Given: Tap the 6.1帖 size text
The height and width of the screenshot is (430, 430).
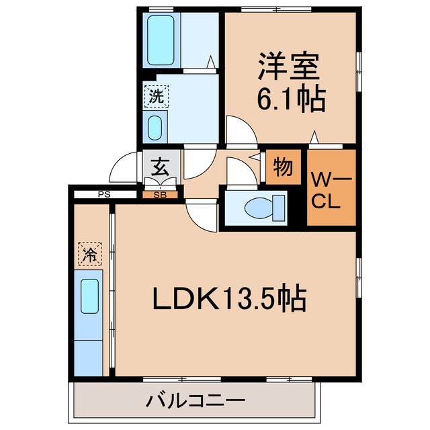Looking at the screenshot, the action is (292, 99).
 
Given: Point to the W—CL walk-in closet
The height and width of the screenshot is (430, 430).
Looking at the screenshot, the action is (330, 190).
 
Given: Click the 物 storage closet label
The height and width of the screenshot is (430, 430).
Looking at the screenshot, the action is (283, 167).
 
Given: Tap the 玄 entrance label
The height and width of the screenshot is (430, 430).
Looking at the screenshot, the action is (160, 165).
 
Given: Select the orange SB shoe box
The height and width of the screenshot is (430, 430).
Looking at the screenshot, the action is (161, 195).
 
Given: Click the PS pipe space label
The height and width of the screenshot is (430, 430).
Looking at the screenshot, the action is (103, 195).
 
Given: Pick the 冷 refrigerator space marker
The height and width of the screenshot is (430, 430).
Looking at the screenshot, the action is (89, 253).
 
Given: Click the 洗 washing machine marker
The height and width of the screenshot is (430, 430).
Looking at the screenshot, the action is (155, 95).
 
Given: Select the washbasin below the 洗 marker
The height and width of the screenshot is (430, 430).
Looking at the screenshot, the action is (155, 126).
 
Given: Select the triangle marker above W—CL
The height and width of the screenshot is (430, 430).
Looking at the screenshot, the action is (315, 139).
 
